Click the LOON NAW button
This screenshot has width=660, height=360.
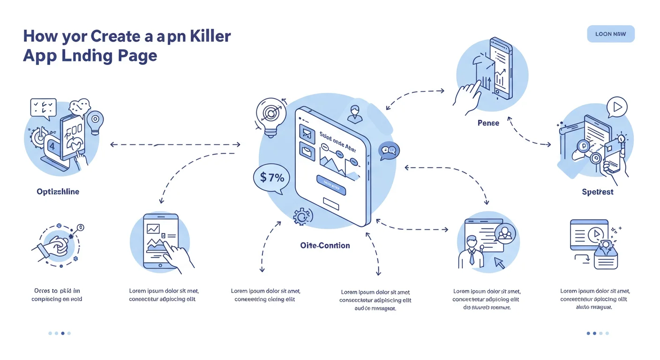click(x=610, y=34)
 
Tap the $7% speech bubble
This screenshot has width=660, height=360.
click(x=271, y=178)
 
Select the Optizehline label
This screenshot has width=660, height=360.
click(x=58, y=192)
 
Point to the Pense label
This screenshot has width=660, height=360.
click(x=488, y=123)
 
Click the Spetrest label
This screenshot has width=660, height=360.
click(x=597, y=192)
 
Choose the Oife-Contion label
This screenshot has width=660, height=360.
click(x=325, y=245)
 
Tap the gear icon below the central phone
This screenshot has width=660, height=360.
click(x=302, y=217)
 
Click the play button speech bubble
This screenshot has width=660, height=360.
click(x=616, y=107)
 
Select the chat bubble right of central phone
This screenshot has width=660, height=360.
click(x=389, y=150)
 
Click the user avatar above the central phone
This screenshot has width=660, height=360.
click(x=355, y=113)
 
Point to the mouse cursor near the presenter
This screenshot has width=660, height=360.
click(x=499, y=263)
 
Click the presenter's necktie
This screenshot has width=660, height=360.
click(x=472, y=257)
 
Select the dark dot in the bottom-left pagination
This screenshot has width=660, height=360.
click(x=63, y=333)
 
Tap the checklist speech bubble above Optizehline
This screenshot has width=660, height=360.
click(x=43, y=107)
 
